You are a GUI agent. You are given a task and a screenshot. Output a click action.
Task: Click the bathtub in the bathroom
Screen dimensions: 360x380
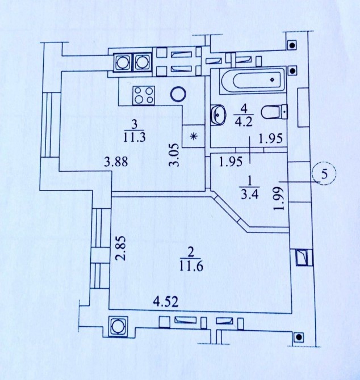pos(252,80)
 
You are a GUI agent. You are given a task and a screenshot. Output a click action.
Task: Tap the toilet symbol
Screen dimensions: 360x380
pos(274,112)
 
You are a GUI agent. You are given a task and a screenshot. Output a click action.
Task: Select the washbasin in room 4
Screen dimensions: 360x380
pos(219,115)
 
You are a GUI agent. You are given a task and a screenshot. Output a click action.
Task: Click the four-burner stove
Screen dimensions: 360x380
pos(144,95)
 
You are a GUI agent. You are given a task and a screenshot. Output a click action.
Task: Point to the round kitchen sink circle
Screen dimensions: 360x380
pos(178,94)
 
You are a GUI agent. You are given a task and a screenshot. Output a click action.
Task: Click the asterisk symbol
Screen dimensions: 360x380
pos(193,137)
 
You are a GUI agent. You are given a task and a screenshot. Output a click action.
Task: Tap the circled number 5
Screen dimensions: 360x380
pos(324,174)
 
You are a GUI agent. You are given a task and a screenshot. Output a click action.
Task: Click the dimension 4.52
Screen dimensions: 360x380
pos(166,302)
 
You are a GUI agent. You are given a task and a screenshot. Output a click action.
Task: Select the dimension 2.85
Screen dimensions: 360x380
pos(120,248)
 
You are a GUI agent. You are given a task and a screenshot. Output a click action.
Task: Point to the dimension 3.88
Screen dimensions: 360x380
pos(116,162)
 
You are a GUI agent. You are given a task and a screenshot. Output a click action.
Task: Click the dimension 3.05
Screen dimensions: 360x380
pos(174,155)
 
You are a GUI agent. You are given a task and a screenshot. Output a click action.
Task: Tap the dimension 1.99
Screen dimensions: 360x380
pos(278,199)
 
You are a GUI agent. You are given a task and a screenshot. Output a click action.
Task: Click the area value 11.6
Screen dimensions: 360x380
pos(192,267)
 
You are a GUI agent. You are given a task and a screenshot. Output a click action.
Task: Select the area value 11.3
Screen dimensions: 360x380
pos(134,137)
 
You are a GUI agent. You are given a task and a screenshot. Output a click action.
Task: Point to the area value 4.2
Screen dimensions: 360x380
pos(244,121)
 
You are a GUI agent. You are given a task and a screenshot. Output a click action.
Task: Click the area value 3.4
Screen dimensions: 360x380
pos(249,194)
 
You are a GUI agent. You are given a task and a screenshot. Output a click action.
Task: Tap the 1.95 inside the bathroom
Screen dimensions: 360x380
pos(271,138)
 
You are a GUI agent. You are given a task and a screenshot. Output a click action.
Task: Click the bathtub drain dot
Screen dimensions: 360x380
pos(272,79)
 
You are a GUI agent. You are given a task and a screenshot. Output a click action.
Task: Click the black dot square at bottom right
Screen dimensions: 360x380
pos(299,337)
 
